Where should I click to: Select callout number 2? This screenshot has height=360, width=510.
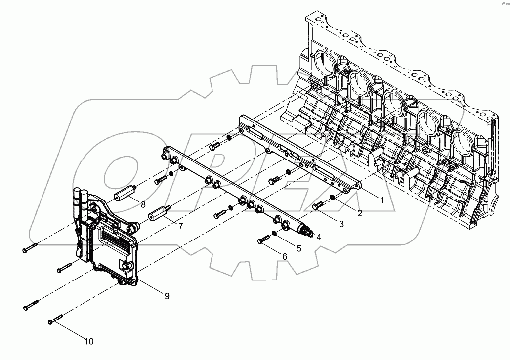coord(359,213)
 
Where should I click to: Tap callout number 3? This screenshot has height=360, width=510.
coord(341,224)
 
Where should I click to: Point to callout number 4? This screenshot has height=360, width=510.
coord(319,237)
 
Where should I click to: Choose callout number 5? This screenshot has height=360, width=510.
coord(298,248)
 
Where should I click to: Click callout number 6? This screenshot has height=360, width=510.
coord(284,256)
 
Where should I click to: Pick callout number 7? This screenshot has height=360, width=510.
coord(181,226)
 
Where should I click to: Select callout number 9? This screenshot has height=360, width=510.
coord(167,296)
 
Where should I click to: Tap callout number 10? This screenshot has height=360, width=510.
coord(89,341)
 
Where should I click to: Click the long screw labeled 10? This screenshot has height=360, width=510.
coord(57,319)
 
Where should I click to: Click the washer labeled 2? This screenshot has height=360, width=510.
coord(333,199)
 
